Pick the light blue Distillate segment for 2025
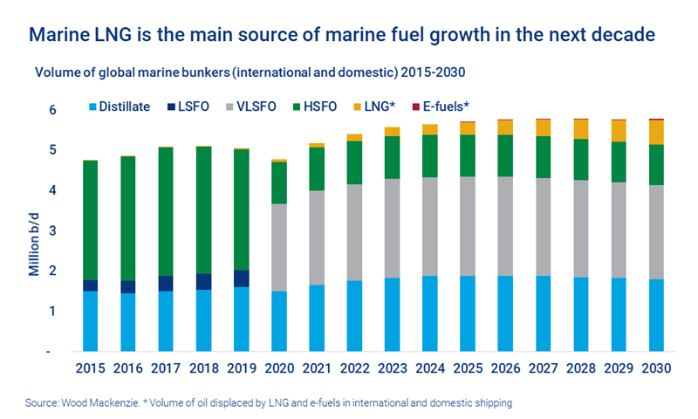467,313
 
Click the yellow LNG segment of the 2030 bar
655,132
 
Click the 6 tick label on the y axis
52,110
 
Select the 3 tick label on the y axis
52,230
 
